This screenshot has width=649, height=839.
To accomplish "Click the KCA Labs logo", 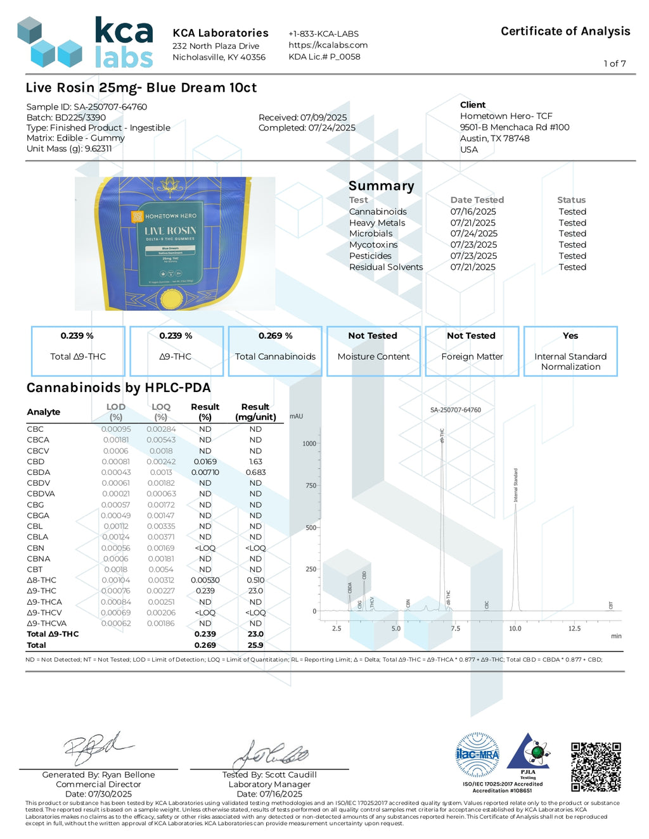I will [85, 43].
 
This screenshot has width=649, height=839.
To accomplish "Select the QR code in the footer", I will [595, 767].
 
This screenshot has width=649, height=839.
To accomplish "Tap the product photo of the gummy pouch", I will [175, 244].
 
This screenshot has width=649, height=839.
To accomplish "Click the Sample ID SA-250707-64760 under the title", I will [86, 107].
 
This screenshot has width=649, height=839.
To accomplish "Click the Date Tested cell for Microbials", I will [473, 234].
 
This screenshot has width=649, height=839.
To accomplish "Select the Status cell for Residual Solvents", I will [572, 267].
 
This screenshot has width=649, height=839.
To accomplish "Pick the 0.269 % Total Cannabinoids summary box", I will [275, 351].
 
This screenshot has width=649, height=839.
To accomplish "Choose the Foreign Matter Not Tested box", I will [472, 351].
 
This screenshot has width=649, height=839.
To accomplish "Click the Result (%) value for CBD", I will [205, 462].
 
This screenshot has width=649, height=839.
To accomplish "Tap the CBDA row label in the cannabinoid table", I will [39, 472].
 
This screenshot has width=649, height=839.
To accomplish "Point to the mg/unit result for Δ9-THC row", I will [255, 591].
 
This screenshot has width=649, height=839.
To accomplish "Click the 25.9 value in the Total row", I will [255, 645].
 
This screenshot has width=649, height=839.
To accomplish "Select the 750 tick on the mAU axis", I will [310, 486].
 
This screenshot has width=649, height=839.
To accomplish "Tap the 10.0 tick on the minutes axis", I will [515, 628].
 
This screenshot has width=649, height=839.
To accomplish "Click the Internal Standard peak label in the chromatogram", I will [516, 485].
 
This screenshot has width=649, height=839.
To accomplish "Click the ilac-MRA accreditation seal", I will [477, 755].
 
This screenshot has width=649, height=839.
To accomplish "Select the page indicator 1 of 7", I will [614, 63].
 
